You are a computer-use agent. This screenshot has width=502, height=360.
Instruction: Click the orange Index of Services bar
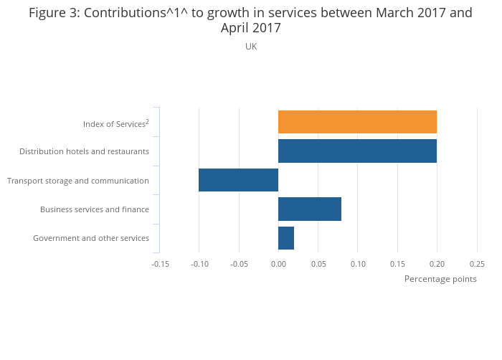coord(357,122)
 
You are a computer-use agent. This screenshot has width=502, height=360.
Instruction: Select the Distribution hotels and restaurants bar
coord(357,151)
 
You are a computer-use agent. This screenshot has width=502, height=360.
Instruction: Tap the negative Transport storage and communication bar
coord(238,180)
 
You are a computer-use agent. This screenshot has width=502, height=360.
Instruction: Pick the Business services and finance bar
coord(310,209)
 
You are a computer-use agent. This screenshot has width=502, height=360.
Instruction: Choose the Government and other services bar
coord(286,238)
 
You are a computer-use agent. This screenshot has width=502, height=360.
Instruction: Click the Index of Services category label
coord(115,124)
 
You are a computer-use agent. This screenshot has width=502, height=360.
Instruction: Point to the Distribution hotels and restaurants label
coord(84,151)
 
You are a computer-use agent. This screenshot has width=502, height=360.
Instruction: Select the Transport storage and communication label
coord(78,181)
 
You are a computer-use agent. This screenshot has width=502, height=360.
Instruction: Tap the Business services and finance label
coord(95,209)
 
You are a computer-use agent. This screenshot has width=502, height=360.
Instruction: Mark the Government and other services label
coord(91,238)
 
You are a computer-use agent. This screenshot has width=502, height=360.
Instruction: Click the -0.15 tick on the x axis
coord(160,264)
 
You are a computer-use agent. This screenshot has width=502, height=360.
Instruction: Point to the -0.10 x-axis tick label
coord(199,264)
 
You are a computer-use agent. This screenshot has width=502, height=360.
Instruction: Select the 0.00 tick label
coord(278,264)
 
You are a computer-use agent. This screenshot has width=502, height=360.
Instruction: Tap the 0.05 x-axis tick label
coord(318,264)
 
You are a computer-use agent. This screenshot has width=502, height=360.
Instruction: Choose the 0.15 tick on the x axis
coord(397,264)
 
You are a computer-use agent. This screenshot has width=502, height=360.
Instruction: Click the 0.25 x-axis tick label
coord(477,264)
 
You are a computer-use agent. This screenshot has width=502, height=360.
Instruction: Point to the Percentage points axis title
coord(440,279)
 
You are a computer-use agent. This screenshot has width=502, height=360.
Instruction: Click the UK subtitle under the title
coord(251,47)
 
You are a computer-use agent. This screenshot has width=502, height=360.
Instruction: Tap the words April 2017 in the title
coord(251,29)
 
